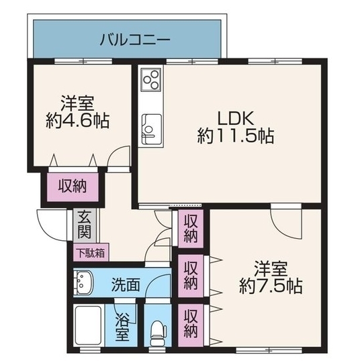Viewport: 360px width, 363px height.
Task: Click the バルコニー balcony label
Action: (135, 40)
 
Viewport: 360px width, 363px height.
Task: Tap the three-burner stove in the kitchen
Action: (151, 79)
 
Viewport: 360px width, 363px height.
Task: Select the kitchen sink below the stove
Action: (151, 129)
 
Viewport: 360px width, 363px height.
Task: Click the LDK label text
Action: (236, 118)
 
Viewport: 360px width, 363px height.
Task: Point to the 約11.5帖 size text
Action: (236, 136)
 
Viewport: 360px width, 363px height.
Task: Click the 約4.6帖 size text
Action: (77, 121)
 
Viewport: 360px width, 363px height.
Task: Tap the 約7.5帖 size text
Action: (271, 287)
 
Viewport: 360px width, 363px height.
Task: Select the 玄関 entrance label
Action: (84, 225)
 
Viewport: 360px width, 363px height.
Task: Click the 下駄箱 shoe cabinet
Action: (91, 252)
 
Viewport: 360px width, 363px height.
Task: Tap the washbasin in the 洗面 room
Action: (83, 282)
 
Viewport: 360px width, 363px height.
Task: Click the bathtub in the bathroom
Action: (89, 326)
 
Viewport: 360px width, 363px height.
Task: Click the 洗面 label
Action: (126, 284)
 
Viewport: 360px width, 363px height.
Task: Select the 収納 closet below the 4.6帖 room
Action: (73, 187)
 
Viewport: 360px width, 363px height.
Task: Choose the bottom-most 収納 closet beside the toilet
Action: (191, 325)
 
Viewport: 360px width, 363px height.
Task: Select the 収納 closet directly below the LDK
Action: (191, 228)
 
